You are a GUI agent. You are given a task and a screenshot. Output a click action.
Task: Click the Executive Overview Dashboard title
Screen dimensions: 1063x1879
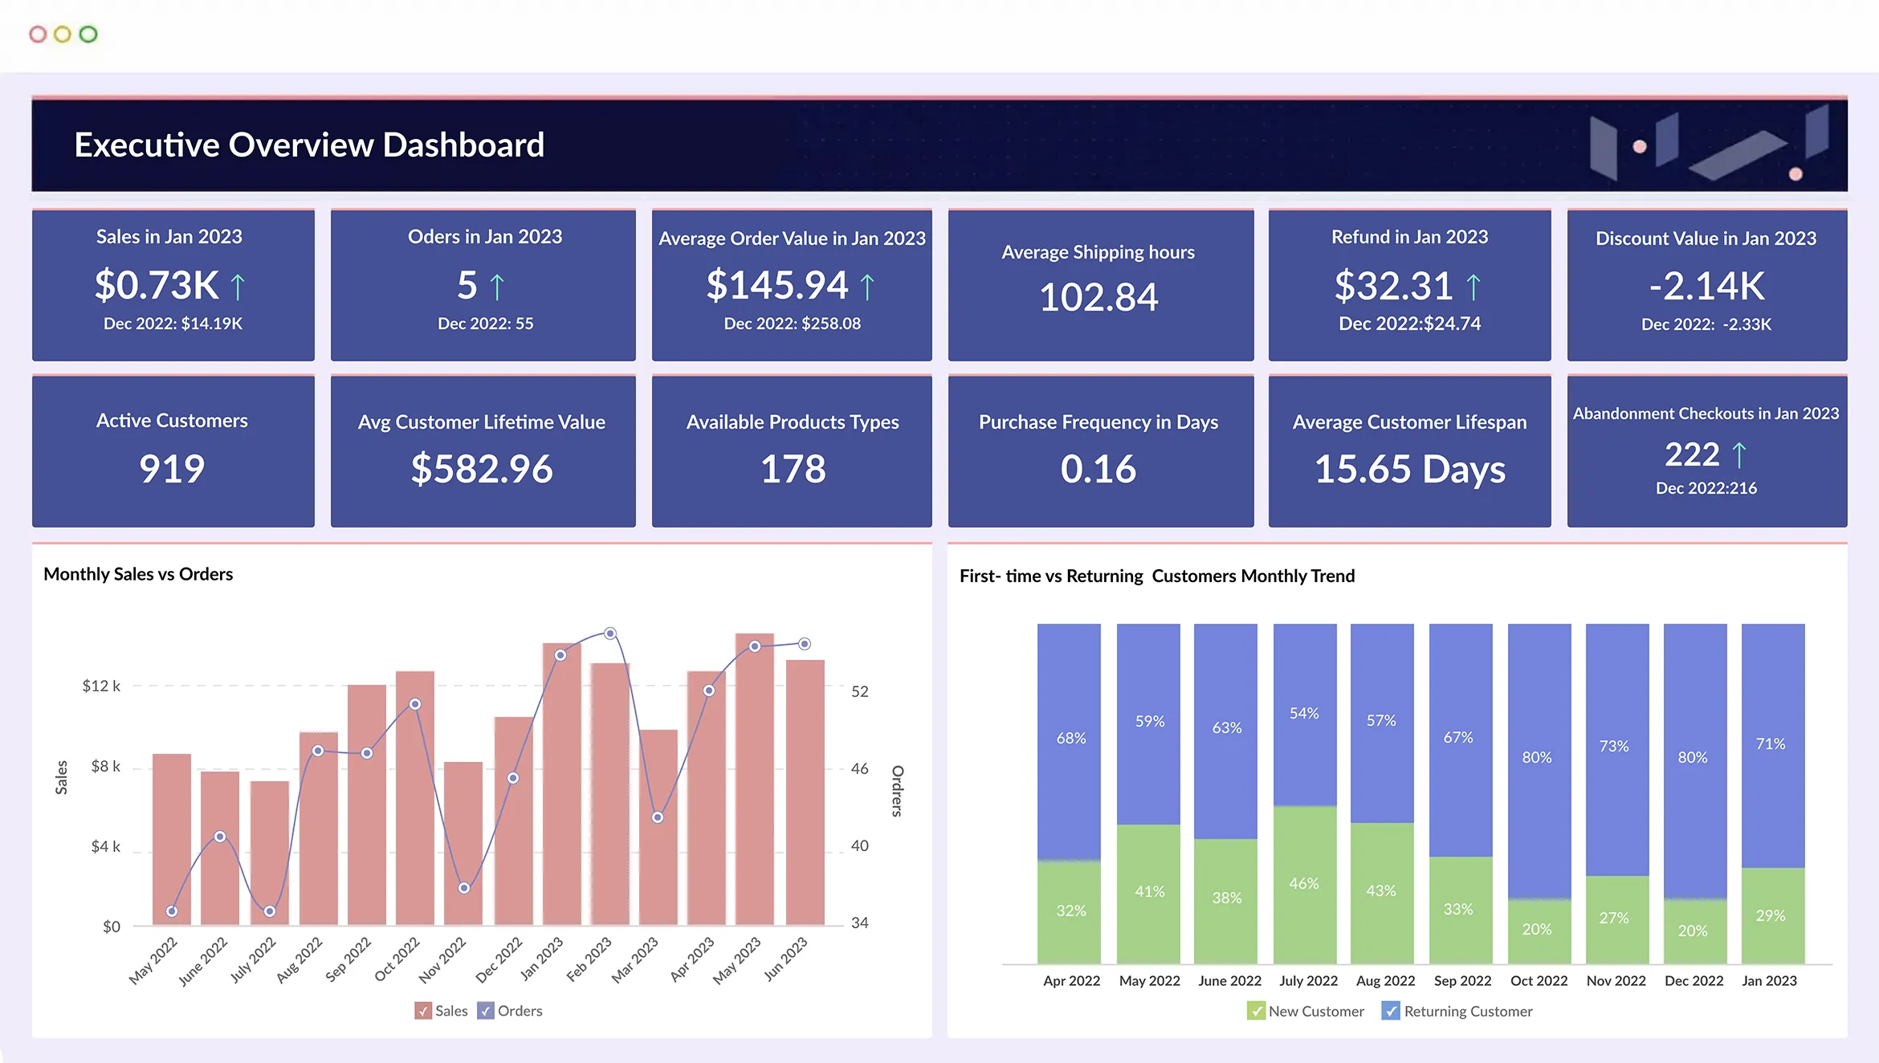[x=309, y=145]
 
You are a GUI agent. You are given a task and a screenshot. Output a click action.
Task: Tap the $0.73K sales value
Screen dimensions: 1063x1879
[x=157, y=285]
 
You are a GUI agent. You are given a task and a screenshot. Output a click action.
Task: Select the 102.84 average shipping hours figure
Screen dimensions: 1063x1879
[x=1098, y=297]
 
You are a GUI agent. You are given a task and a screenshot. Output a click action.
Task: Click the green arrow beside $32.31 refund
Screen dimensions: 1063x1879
[x=1473, y=287]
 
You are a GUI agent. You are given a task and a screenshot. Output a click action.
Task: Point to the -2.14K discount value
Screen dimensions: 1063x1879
[x=1706, y=286]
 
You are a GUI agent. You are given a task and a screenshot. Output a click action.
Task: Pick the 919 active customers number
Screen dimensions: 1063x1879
[x=172, y=469]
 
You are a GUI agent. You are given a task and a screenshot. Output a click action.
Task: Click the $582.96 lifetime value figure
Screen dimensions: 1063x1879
[x=482, y=469]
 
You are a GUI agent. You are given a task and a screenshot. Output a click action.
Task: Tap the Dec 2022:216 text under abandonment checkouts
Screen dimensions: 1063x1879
[x=1706, y=488]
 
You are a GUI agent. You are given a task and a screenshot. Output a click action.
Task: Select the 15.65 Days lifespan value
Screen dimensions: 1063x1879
[x=1409, y=469]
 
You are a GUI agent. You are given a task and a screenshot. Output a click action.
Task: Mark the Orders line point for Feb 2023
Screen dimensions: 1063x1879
[x=610, y=633]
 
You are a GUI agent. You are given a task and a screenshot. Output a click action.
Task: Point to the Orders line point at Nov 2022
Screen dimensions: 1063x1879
[x=464, y=888]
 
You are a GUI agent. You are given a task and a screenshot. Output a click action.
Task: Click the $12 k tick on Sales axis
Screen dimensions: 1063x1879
[x=101, y=686]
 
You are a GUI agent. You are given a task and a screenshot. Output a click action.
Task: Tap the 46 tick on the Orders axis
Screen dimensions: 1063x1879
[x=859, y=768]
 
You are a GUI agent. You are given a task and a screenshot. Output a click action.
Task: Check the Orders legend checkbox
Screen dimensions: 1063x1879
[x=486, y=1011]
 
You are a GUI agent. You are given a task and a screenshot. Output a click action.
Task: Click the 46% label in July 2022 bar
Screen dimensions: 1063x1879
[x=1304, y=883]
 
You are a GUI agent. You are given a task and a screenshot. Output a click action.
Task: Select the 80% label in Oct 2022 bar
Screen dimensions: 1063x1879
[x=1537, y=757]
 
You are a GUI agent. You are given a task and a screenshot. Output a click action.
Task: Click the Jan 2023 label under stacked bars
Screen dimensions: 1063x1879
[x=1769, y=980]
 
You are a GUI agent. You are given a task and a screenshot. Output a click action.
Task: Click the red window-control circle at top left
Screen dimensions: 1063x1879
[x=38, y=35]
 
